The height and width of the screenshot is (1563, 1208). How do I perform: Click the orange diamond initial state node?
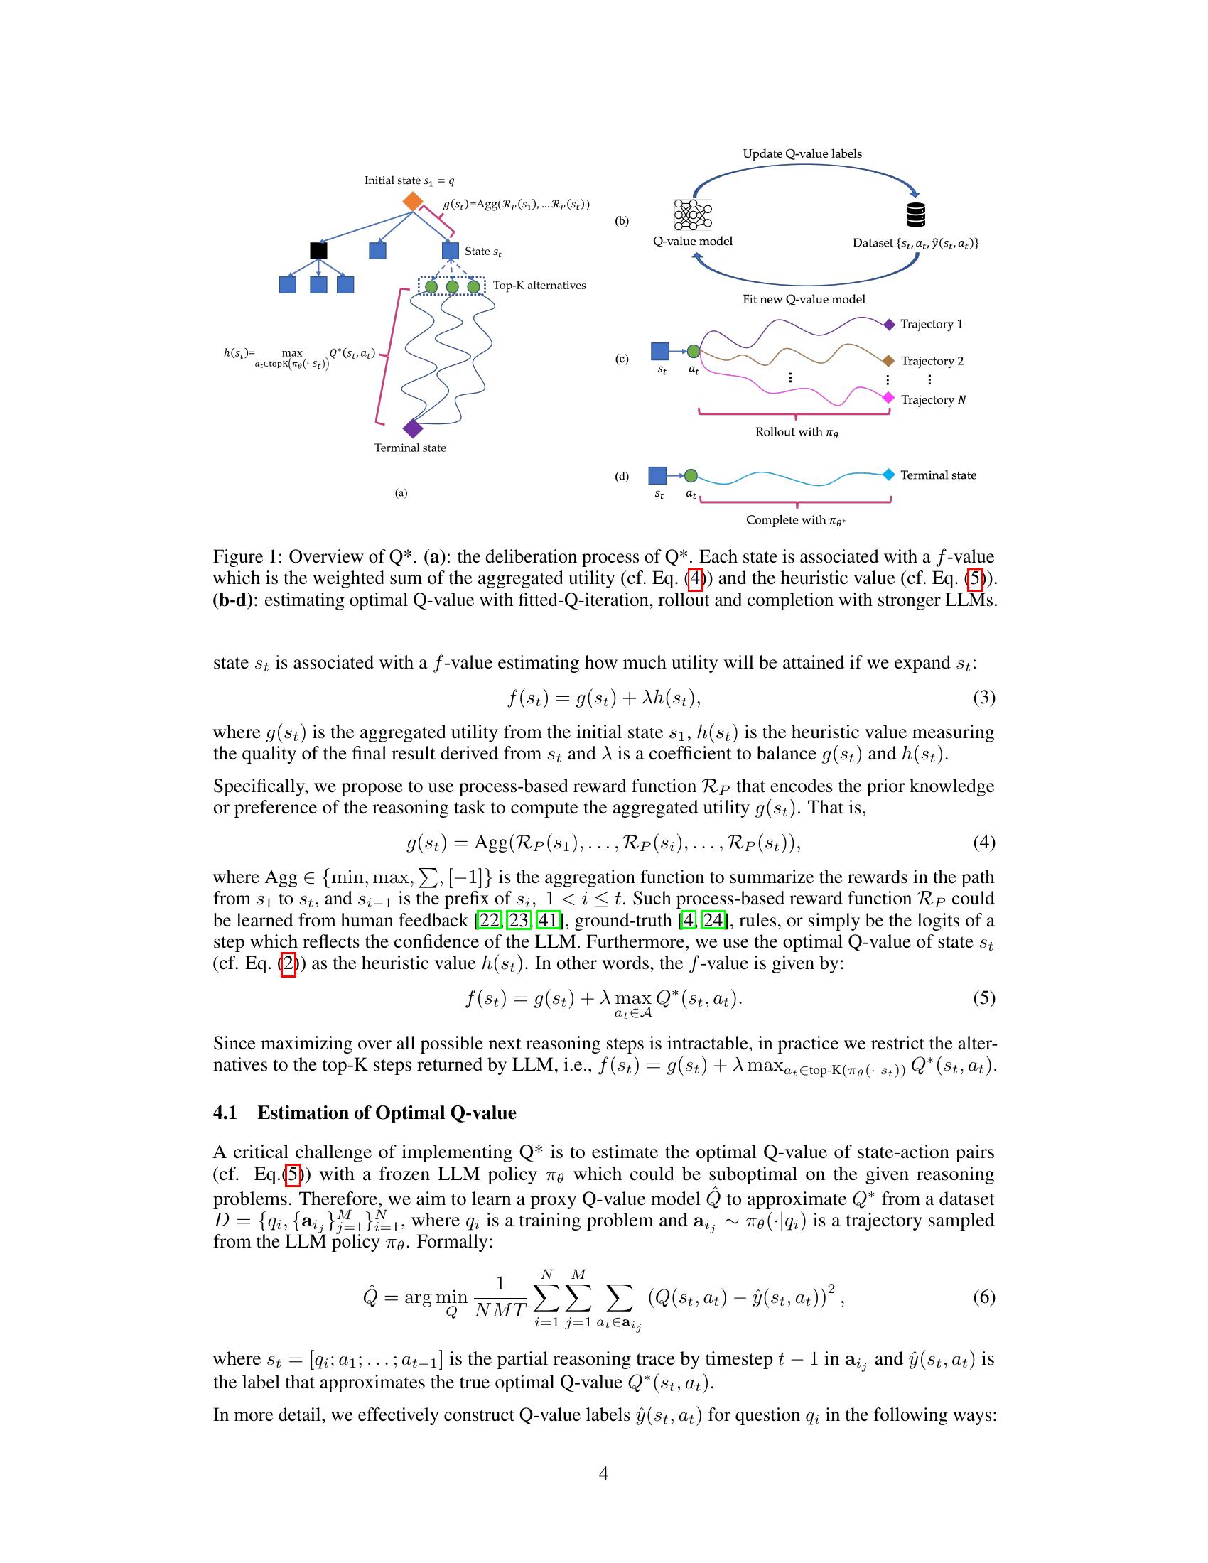pos(412,201)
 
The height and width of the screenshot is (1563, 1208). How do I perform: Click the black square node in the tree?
pos(318,251)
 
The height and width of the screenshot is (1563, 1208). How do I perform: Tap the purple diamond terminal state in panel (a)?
pos(413,428)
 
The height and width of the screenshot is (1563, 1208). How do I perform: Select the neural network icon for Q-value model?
pos(693,214)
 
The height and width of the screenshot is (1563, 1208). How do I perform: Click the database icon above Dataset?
pos(915,214)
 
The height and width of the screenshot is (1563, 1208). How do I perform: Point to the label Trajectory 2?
pos(932,361)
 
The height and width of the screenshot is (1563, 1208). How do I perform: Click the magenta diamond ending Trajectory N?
pos(888,397)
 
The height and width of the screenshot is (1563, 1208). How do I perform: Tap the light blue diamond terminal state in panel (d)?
pos(888,475)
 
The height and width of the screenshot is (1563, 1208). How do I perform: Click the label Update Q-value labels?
pos(802,154)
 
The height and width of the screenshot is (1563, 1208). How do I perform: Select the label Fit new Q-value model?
pos(803,299)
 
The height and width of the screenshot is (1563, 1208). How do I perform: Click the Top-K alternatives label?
pos(539,286)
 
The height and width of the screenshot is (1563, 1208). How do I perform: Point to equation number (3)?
pos(983,697)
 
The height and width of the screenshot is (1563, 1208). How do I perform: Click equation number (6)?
pos(983,1297)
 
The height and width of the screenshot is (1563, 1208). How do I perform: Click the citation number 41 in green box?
pos(546,919)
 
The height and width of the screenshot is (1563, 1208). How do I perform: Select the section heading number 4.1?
pos(225,1112)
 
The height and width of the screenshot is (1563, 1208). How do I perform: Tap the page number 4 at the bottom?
pos(603,1473)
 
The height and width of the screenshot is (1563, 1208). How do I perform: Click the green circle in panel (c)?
pos(693,352)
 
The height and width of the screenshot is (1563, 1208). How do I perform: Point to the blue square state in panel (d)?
pos(657,475)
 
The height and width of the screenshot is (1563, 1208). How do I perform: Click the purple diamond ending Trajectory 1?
pos(889,324)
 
